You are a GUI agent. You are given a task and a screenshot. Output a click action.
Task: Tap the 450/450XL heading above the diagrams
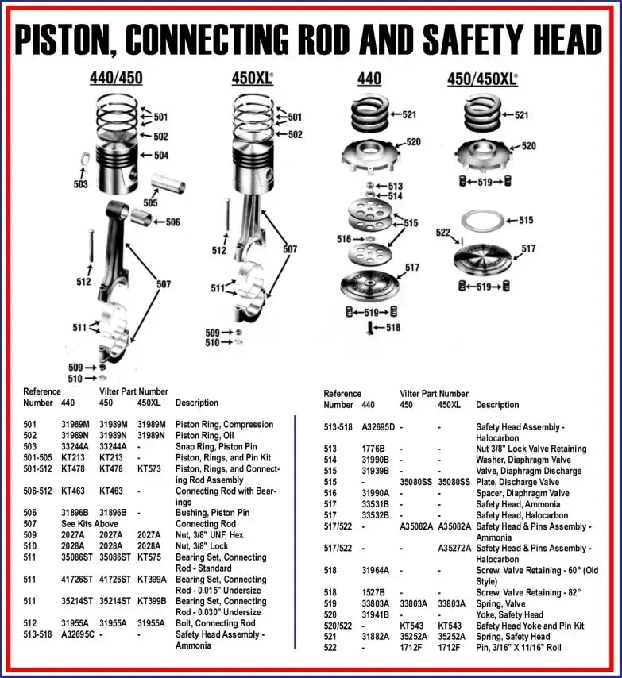[483, 79]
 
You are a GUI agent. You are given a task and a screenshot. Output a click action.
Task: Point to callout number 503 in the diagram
[80, 184]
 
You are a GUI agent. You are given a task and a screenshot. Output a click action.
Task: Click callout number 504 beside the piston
[160, 156]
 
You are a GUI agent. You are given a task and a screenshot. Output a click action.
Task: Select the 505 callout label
[150, 203]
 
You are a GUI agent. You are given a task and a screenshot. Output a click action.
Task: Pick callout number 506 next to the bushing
[172, 222]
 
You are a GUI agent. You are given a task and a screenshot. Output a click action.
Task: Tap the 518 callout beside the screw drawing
[392, 327]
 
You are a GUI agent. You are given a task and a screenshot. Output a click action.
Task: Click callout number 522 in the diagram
[443, 233]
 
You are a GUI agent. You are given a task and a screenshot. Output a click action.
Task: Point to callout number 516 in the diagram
[343, 239]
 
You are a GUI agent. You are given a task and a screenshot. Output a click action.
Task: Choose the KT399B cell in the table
[153, 601]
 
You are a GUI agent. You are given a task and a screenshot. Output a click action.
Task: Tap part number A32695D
[378, 427]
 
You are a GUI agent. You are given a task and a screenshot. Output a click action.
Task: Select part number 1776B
[373, 449]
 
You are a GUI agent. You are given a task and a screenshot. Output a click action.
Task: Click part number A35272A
[455, 549]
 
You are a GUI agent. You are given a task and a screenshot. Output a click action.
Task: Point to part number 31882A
[376, 637]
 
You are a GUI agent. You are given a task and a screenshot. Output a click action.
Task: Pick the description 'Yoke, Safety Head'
[509, 614]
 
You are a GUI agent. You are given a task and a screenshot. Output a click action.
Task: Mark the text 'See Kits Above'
[90, 524]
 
